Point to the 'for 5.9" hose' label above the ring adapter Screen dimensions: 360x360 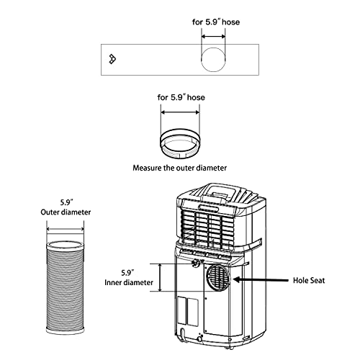(180, 96)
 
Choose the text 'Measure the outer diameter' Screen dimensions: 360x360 (180, 168)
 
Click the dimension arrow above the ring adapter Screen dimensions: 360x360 (180, 112)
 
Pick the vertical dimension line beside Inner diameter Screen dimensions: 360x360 (168, 277)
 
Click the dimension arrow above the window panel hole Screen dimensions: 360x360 (212, 35)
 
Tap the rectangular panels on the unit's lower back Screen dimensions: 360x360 (186, 310)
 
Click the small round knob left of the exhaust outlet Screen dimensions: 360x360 (194, 266)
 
